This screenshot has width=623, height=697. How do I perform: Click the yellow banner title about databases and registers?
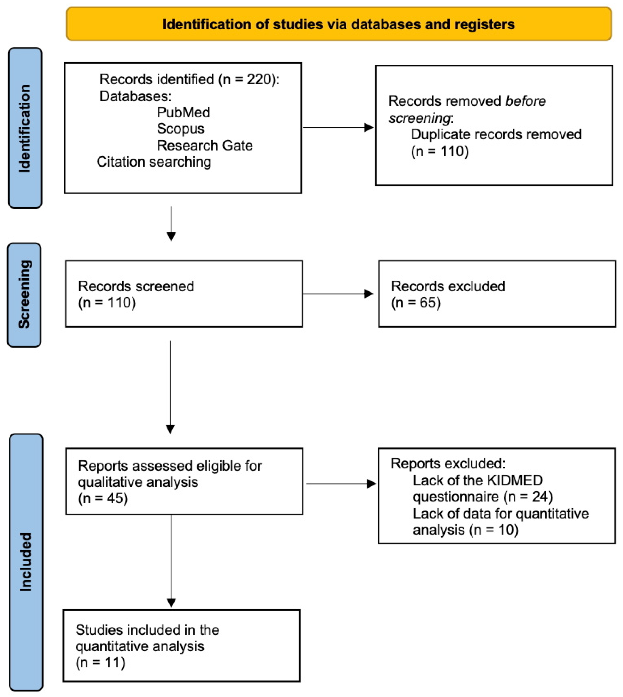click(338, 24)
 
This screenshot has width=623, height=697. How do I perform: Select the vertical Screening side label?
click(24, 295)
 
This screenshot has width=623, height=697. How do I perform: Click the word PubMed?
click(183, 112)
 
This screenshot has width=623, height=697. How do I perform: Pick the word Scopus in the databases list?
click(180, 129)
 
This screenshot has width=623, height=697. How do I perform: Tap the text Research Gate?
click(204, 145)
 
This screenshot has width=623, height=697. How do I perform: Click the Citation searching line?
click(154, 162)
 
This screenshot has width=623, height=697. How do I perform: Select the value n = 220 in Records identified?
click(248, 79)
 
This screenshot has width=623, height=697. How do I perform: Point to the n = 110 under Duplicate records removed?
click(440, 151)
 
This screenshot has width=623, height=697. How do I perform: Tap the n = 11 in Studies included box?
click(100, 663)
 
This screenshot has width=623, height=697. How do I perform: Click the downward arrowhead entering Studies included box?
click(171, 603)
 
